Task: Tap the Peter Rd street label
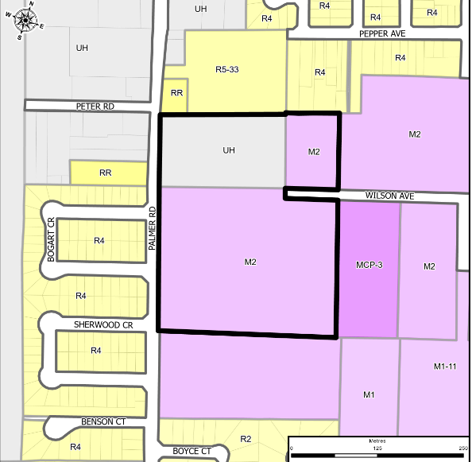96,105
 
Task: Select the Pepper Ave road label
383,34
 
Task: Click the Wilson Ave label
391,195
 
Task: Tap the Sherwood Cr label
103,325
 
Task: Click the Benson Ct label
103,422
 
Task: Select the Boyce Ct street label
192,451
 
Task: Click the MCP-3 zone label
369,265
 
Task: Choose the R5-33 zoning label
227,70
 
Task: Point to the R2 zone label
246,439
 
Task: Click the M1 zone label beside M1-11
369,395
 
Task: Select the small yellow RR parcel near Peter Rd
176,93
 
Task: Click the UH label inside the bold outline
229,149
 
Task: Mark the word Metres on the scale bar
377,441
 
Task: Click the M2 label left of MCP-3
250,261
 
